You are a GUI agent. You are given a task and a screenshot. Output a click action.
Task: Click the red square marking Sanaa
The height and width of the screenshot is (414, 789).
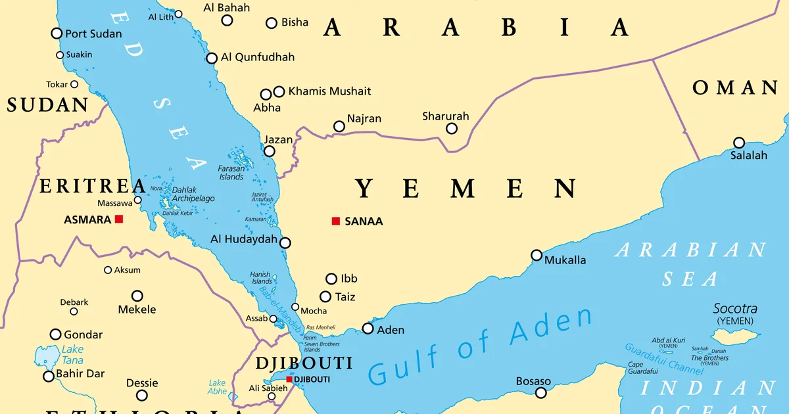[336, 221]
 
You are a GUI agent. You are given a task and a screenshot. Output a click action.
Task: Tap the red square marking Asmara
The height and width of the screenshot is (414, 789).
[119, 219]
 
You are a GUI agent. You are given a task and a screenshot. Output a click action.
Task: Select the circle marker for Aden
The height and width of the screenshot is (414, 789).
[368, 329]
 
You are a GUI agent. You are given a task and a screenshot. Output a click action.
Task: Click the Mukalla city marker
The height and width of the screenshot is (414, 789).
[537, 255]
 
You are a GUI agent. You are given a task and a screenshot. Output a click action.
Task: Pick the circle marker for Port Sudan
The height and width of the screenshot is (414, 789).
[57, 34]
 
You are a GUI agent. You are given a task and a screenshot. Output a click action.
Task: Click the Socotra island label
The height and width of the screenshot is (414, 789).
[735, 309]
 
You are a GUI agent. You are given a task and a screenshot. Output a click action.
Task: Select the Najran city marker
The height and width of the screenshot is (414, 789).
[339, 126]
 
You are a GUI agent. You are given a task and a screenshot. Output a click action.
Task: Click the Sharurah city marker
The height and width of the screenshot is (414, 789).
[452, 128]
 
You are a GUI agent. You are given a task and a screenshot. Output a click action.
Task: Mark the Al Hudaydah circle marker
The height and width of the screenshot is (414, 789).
[285, 242]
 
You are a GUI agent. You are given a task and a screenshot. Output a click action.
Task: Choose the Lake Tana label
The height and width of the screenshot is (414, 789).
[72, 355]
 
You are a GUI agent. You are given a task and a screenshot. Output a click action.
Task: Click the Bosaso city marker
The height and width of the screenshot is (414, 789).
[540, 393]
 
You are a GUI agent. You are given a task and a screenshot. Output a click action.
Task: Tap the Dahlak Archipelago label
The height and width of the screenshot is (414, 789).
[193, 194]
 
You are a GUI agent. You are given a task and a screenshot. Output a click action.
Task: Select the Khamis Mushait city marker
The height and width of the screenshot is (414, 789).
[279, 91]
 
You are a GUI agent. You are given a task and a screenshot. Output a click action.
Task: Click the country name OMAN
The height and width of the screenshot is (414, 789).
[734, 88]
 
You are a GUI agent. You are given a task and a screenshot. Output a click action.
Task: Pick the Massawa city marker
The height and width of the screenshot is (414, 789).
[137, 200]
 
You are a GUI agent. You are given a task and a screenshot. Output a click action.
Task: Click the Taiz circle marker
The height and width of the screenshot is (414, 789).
[325, 297]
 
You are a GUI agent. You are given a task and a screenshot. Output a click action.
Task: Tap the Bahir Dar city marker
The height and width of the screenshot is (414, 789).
[48, 377]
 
